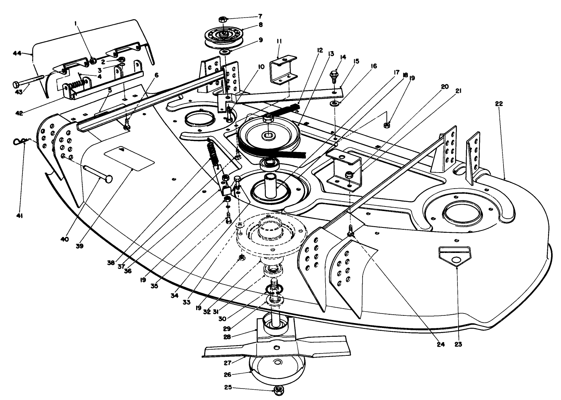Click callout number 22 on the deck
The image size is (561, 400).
click(x=499, y=104)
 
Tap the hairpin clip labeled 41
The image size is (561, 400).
click(x=18, y=142)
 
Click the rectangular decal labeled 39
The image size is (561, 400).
click(x=129, y=158)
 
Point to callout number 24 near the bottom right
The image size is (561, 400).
click(x=441, y=345)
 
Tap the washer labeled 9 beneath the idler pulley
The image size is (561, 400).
click(x=225, y=51)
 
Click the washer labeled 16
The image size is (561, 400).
click(x=336, y=103)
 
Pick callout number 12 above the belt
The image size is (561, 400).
click(x=319, y=50)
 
